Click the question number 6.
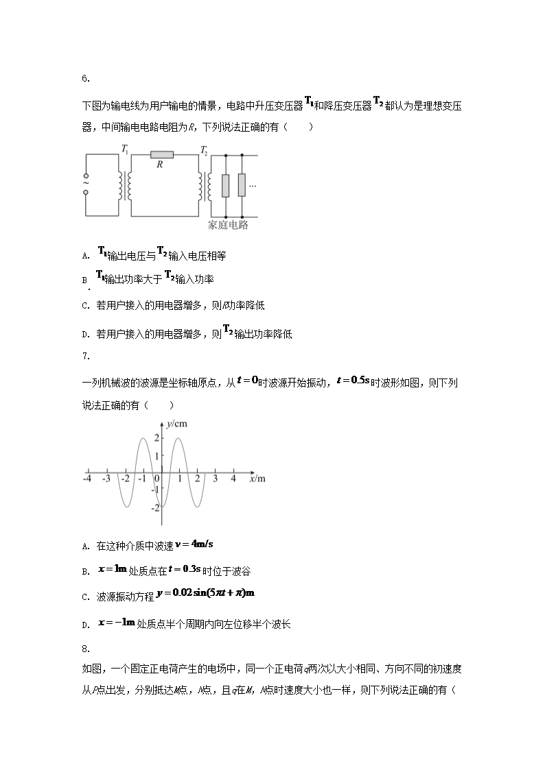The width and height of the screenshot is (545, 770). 86,79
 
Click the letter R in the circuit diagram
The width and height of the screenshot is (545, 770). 159,165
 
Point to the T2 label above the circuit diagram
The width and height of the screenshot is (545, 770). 204,149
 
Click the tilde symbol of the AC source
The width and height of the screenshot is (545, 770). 86,182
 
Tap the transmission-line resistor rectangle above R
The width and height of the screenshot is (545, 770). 162,156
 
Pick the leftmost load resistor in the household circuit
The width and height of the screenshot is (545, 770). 225,186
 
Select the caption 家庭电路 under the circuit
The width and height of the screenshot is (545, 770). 227,225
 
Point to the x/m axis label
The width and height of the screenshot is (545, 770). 257,478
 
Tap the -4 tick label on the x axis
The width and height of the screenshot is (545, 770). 88,478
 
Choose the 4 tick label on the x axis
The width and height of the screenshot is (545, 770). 233,478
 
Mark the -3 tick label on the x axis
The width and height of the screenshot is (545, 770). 106,478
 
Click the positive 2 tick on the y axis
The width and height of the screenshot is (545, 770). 157,438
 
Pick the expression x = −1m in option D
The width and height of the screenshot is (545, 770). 115,623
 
